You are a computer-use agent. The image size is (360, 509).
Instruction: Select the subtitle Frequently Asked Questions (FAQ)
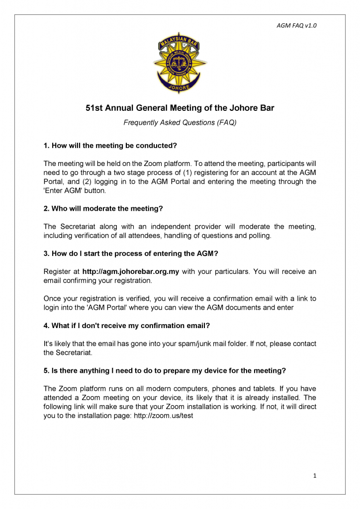[x=180, y=122]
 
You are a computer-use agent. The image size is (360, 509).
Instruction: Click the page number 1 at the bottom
[x=315, y=476]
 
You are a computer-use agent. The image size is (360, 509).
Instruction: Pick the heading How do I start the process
[x=131, y=254]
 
